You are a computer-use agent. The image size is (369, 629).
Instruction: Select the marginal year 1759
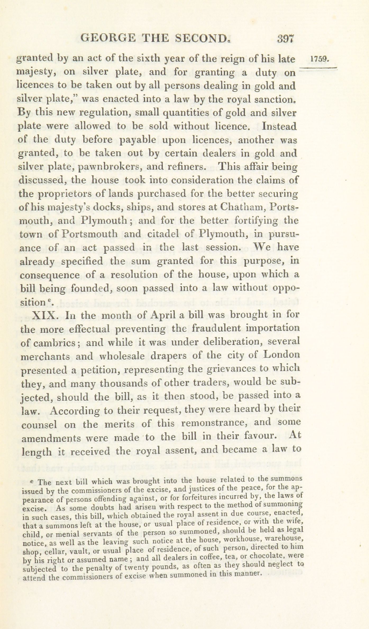coord(320,59)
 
